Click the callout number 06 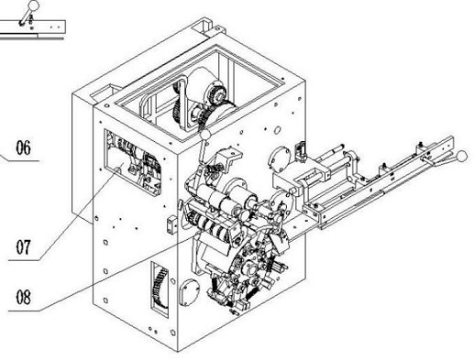(23, 147)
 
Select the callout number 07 (23, 247)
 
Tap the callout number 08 (23, 297)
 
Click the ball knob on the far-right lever (462, 156)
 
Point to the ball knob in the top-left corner (33, 5)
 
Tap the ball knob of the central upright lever (205, 134)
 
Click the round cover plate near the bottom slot (190, 293)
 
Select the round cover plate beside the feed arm (280, 159)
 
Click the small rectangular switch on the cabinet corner (172, 224)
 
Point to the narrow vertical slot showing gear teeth (160, 289)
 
